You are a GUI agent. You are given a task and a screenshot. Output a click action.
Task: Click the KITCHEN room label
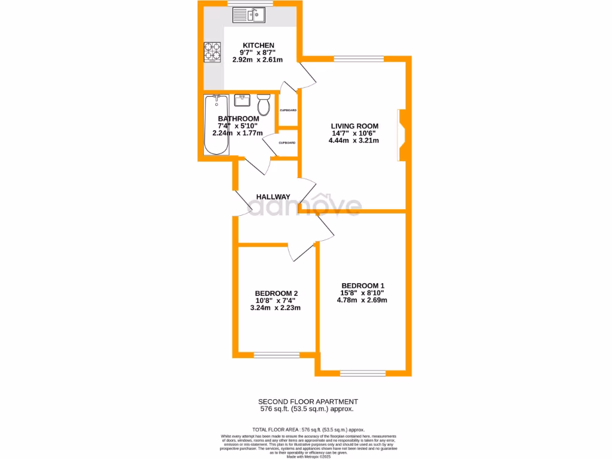[x=258, y=45]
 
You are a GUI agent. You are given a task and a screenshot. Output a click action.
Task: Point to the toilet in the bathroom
[x=263, y=106]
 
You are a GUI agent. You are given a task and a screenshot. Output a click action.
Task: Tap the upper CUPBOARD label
[x=288, y=110]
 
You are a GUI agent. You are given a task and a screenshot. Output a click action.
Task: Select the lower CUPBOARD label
[x=286, y=143]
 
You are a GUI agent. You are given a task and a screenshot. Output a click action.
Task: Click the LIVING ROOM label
[x=355, y=126]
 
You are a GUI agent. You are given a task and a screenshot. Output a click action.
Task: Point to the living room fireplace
[x=402, y=134]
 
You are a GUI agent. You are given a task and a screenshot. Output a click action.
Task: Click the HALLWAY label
[x=273, y=197]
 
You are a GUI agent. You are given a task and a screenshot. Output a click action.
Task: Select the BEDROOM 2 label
[x=276, y=293]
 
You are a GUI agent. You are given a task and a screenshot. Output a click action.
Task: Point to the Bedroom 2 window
[x=276, y=354]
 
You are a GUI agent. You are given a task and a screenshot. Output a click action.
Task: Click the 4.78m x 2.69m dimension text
[x=362, y=300]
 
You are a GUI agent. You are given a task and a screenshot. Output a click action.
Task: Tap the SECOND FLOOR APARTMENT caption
[x=308, y=402]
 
